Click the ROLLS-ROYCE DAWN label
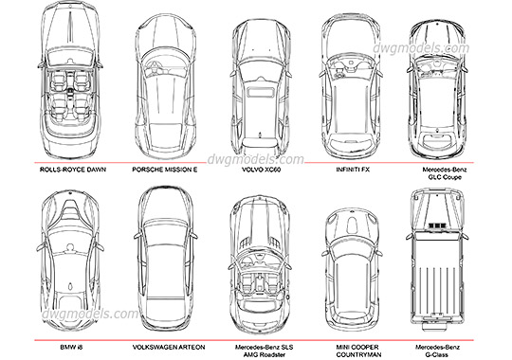click(71, 171)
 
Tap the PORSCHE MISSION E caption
click(165, 171)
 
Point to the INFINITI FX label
click(352, 171)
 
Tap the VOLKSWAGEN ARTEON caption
click(164, 347)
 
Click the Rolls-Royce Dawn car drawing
click(71, 81)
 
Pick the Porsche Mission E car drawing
click(165, 81)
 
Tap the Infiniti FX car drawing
click(352, 81)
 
